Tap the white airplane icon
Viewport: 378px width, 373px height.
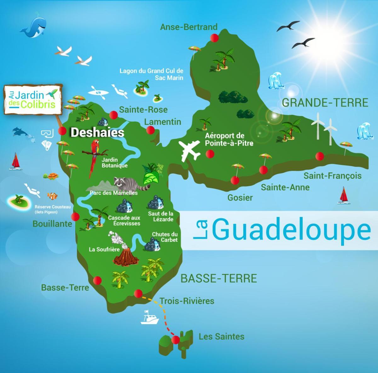[189, 150]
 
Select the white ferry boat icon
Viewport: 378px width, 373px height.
[149, 318]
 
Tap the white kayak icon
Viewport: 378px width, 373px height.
[98, 92]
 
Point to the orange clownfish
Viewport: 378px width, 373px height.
[52, 196]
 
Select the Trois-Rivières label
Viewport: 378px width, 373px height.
[187, 301]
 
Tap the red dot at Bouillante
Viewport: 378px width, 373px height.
[75, 216]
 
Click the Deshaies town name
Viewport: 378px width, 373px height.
[97, 132]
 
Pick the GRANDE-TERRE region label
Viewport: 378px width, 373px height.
[325, 103]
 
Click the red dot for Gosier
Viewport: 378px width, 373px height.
[235, 180]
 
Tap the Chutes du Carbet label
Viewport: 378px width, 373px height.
[165, 237]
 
